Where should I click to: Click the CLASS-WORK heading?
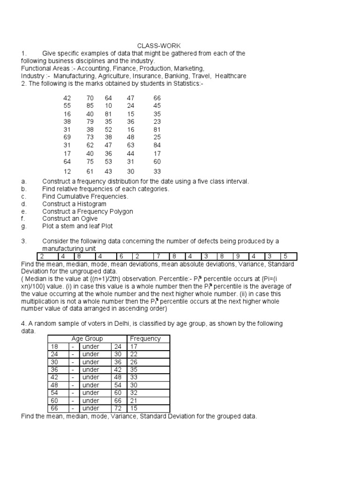click(152, 46)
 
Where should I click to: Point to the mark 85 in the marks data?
click(90, 106)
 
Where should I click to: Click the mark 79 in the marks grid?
click(90, 121)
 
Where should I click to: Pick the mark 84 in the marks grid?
click(157, 145)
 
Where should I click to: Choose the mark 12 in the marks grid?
click(67, 172)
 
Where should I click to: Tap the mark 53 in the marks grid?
click(109, 160)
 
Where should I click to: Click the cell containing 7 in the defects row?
click(159, 256)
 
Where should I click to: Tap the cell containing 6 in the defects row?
click(120, 256)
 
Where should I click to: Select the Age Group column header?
click(87, 338)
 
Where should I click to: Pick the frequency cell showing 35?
click(135, 369)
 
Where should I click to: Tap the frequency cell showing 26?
click(135, 362)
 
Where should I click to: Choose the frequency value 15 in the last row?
click(135, 408)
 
